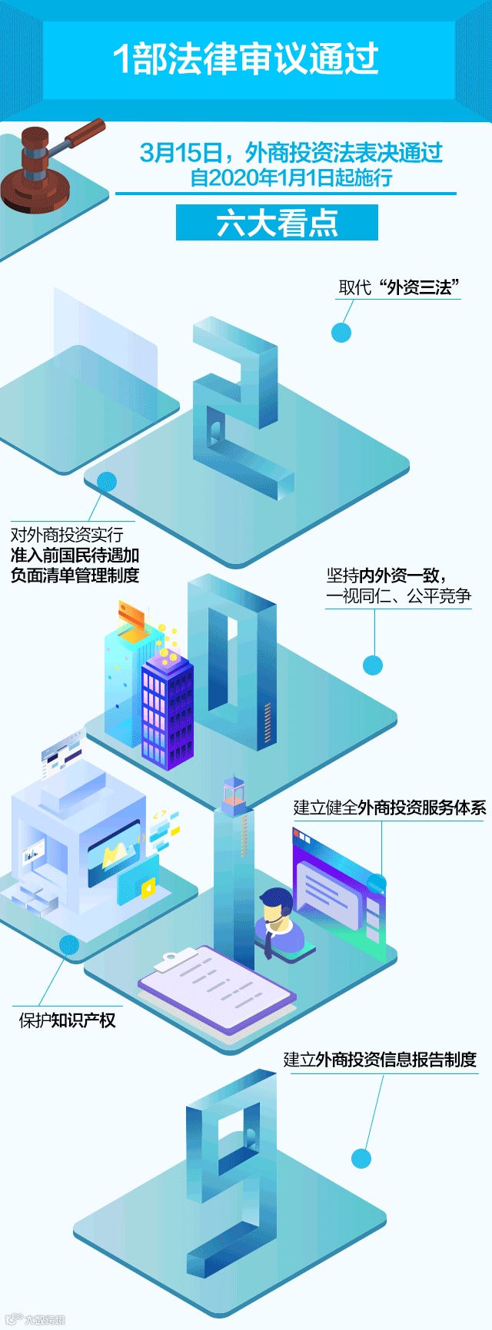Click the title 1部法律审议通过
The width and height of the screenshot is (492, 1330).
coord(246,59)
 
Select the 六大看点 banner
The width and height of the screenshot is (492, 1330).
coord(277,223)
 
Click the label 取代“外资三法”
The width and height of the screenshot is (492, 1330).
coord(399,287)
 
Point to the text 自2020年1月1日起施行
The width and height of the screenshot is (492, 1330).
coord(291,178)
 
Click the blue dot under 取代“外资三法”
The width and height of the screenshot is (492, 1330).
coord(341,332)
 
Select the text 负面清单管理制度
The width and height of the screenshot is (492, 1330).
coord(75,575)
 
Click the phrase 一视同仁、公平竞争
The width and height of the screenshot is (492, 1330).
coord(398,596)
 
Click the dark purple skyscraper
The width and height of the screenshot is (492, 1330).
coord(167,711)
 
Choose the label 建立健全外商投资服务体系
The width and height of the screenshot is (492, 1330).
coord(390,808)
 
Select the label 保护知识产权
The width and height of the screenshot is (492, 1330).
coord(67,1020)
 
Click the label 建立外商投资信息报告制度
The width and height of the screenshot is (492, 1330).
coord(380,1060)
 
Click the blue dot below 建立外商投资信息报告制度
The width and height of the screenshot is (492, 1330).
coord(361,1158)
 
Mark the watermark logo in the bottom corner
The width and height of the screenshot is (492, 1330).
coord(35,1319)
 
